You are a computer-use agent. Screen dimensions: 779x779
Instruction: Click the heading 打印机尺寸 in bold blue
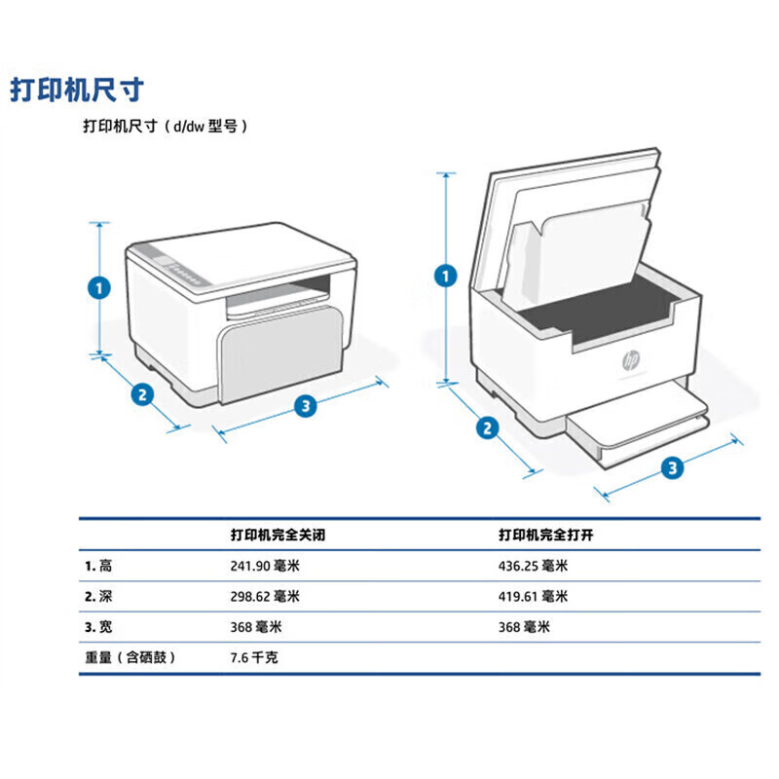77,90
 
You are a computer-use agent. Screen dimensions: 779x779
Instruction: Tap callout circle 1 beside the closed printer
97,288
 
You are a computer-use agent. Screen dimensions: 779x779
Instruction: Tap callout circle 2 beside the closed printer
142,394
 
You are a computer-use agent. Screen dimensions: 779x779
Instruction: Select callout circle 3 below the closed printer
306,405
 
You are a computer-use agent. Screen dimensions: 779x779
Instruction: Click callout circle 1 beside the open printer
446,277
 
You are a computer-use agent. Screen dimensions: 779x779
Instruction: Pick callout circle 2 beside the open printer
488,427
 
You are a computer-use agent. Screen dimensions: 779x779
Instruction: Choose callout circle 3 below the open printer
672,468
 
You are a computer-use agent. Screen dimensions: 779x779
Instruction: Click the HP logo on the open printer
631,361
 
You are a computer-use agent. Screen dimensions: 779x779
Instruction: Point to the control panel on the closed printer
182,267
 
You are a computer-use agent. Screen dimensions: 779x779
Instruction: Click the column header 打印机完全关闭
278,536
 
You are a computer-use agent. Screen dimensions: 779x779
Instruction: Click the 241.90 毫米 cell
265,566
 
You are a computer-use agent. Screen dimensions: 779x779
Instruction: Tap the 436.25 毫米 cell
533,566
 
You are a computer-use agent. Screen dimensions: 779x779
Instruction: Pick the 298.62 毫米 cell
265,596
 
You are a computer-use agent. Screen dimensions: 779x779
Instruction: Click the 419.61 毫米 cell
533,596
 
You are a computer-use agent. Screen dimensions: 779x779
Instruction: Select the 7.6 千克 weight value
253,657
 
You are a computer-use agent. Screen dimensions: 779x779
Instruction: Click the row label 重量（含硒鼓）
130,657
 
